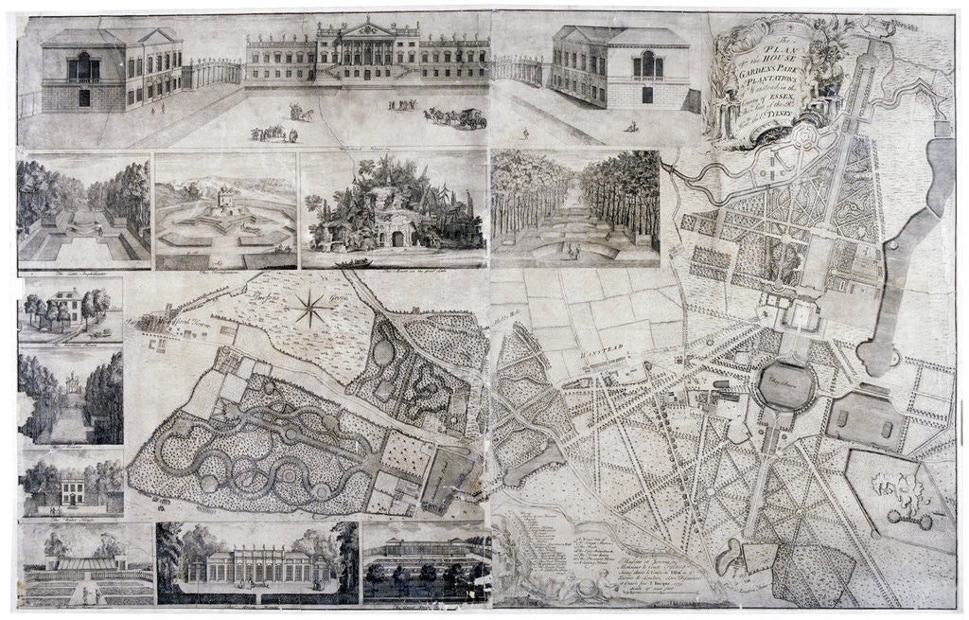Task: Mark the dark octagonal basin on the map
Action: (786, 385)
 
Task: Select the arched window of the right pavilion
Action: (648, 64)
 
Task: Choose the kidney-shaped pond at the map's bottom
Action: (731, 558)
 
